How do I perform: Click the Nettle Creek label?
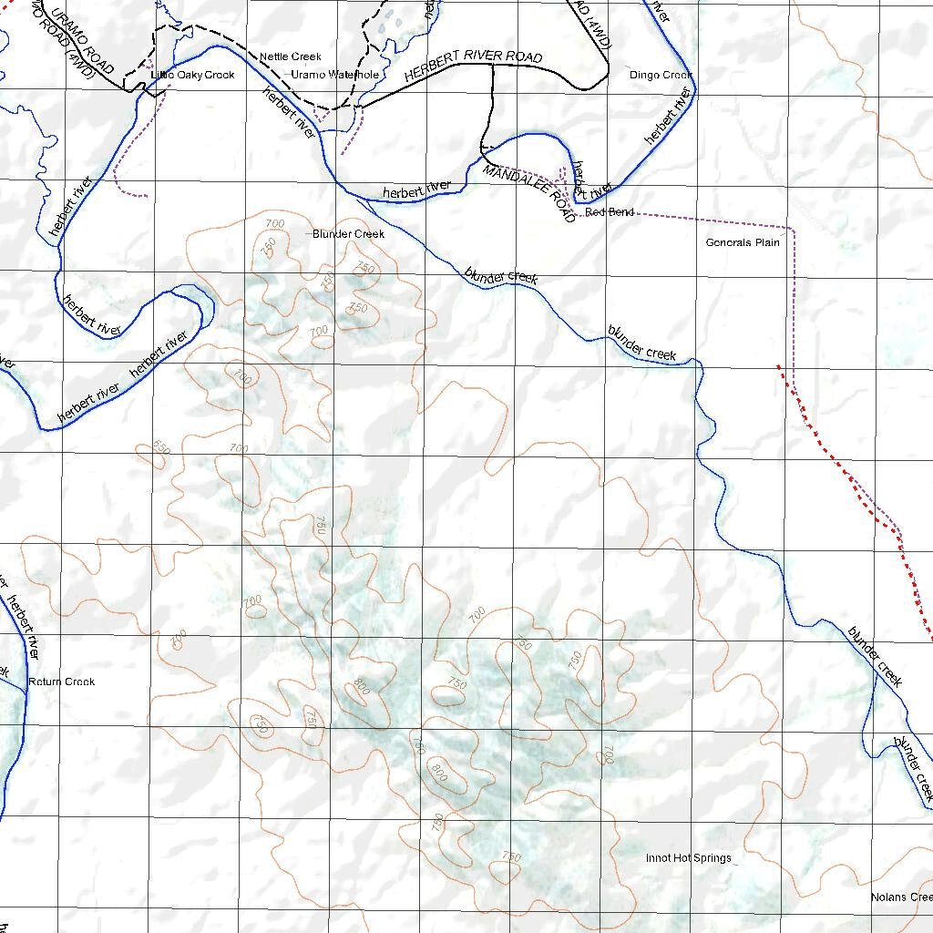tap(290, 56)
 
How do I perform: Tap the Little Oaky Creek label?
tap(192, 75)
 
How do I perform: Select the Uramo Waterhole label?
tap(334, 75)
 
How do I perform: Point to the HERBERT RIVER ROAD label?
tap(473, 67)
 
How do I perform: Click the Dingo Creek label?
tap(661, 75)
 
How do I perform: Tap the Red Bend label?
tap(610, 212)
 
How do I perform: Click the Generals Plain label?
tap(743, 242)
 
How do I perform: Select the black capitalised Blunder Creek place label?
tap(348, 234)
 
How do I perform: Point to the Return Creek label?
tap(61, 682)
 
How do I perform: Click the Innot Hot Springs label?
tap(688, 858)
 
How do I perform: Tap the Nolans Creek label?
tap(901, 897)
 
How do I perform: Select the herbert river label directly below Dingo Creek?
tap(667, 116)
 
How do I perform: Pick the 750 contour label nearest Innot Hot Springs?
tap(511, 857)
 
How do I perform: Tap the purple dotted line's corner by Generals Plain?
tap(794, 228)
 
